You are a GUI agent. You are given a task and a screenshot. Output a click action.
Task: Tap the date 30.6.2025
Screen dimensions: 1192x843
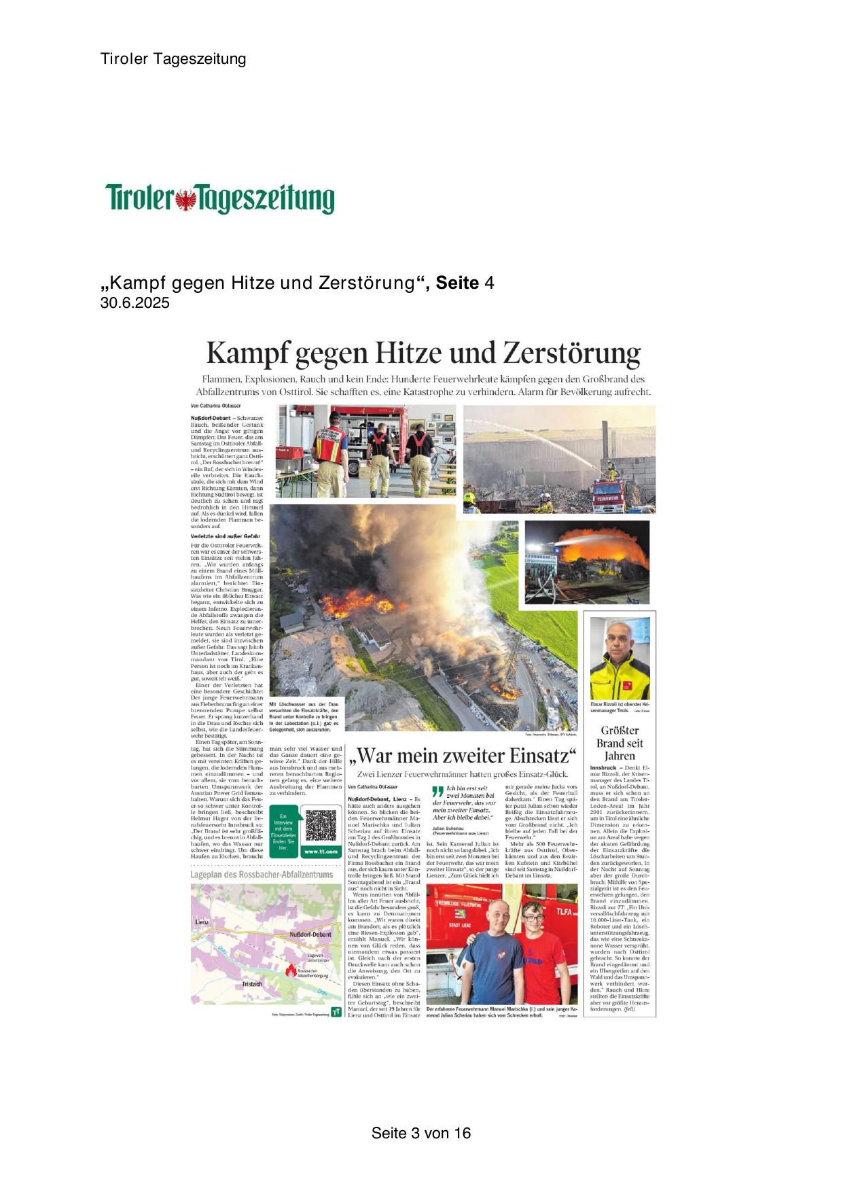point(134,303)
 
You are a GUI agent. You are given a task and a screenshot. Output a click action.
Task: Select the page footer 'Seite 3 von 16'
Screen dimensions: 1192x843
point(420,1133)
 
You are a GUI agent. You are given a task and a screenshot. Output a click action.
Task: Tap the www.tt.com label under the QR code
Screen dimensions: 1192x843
point(320,852)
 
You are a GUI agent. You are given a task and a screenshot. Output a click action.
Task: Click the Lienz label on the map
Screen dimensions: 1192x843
point(202,922)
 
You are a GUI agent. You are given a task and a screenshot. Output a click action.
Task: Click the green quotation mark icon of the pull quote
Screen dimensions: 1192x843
point(437,790)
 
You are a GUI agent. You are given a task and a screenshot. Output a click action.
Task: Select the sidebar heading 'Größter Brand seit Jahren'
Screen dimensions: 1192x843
point(620,743)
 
